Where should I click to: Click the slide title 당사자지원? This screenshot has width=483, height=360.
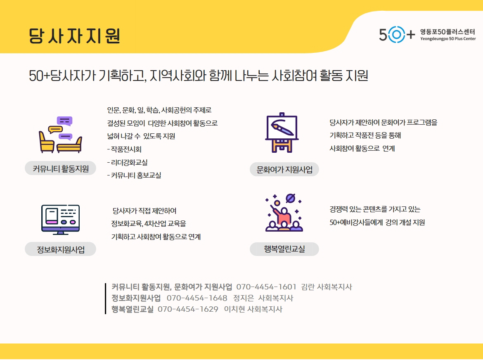tap(74, 36)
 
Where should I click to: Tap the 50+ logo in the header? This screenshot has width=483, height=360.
tap(397, 34)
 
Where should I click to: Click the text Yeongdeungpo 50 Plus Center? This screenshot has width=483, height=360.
tap(448, 39)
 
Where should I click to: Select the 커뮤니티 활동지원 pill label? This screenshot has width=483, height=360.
tap(60, 168)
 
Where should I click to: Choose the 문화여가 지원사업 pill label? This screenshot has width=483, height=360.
tap(284, 169)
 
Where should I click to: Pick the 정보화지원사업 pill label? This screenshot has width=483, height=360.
tap(60, 249)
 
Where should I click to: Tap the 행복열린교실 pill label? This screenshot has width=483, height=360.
tap(284, 249)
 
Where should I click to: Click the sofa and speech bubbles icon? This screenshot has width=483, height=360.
tap(60, 135)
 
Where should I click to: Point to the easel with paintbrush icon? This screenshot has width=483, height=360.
tap(282, 133)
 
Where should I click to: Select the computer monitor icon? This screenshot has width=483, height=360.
tap(60, 220)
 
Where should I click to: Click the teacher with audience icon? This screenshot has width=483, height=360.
tap(284, 213)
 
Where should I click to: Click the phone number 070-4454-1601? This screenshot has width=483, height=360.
tap(266, 287)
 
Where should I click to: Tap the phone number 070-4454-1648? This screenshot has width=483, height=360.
tap(197, 298)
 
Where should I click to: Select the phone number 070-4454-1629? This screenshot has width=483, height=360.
tap(188, 309)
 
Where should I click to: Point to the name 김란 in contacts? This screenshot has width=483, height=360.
tap(308, 287)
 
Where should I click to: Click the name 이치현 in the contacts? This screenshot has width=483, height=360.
tap(234, 309)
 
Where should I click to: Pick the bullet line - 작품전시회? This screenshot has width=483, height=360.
tap(124, 149)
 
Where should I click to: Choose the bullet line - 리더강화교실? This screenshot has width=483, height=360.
tap(127, 162)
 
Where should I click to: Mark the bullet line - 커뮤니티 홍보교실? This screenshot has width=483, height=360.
tap(134, 175)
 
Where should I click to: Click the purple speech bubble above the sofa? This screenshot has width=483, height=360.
tap(64, 121)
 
